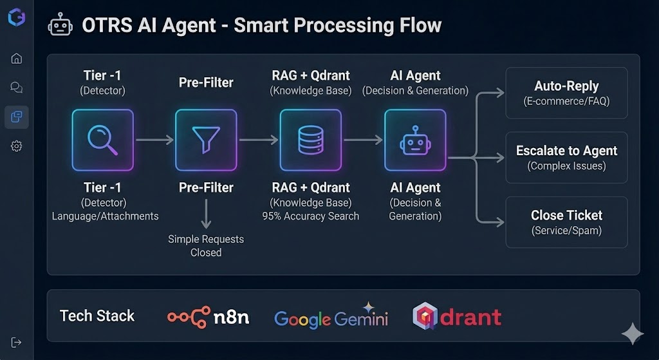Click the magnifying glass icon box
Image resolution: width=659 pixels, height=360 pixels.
point(102,140)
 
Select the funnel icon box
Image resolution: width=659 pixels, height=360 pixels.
point(206,140)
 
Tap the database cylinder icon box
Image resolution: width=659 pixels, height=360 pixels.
point(310,140)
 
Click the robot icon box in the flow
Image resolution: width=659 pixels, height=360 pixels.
point(415,140)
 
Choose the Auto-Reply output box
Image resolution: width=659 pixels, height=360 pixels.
point(566,93)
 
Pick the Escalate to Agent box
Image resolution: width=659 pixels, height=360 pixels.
point(566,157)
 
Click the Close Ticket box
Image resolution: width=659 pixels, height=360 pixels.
point(566,222)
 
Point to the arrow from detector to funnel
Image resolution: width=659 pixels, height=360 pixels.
point(154,140)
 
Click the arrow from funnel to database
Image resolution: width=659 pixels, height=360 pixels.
point(258,140)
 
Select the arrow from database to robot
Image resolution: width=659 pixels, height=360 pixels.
point(362,140)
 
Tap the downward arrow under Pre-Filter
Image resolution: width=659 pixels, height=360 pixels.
point(206,214)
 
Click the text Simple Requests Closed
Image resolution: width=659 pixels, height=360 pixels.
point(206,245)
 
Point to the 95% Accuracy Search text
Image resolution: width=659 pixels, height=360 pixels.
point(310,216)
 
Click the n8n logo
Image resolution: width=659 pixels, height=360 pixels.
point(208,316)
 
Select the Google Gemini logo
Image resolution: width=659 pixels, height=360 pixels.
point(331,318)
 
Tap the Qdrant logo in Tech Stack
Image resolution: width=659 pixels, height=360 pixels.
point(456,316)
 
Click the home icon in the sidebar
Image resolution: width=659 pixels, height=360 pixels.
point(17,59)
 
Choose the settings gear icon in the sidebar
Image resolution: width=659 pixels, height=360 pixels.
point(17,146)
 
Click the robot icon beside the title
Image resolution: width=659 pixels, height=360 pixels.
point(60,26)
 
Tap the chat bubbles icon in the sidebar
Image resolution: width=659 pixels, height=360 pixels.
point(17,88)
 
